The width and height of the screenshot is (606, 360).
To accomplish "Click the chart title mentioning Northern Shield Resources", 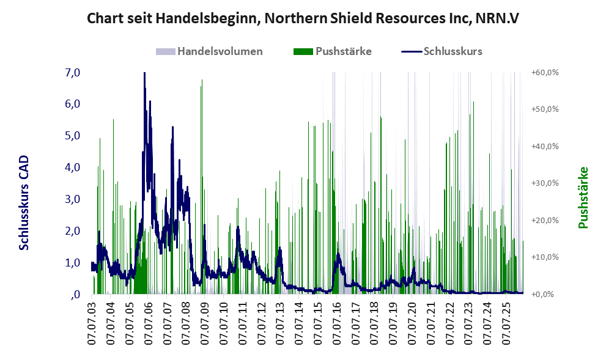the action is pyautogui.click(x=303, y=18).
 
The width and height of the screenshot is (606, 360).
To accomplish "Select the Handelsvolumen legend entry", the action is pyautogui.click(x=209, y=51).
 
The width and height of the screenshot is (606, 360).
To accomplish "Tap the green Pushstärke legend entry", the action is pyautogui.click(x=333, y=51).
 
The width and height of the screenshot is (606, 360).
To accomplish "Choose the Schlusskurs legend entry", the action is pyautogui.click(x=442, y=51).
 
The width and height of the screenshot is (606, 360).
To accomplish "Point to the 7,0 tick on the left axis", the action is pyautogui.click(x=72, y=72).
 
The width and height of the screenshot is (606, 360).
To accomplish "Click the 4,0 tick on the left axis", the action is pyautogui.click(x=72, y=167).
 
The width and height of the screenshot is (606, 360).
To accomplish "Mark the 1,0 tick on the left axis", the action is pyautogui.click(x=72, y=263).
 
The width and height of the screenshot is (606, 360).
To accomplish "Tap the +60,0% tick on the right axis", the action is pyautogui.click(x=545, y=72).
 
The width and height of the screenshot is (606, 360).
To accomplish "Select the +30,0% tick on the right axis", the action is pyautogui.click(x=545, y=183).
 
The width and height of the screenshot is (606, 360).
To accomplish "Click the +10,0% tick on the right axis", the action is pyautogui.click(x=545, y=257).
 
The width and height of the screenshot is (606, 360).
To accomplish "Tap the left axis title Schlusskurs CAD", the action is pyautogui.click(x=24, y=202).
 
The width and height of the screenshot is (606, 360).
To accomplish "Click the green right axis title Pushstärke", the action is pyautogui.click(x=583, y=197).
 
